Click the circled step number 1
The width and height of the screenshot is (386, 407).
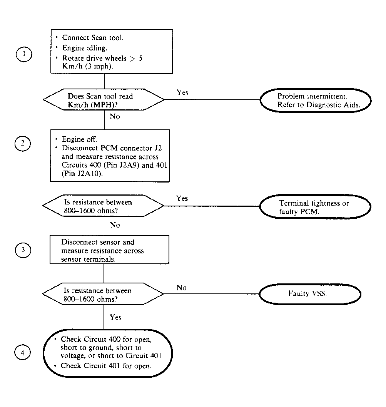[24, 54]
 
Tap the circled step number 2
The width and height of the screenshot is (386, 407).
[23, 144]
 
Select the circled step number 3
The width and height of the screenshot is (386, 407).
[23, 250]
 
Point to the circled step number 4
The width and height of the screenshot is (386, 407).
[22, 353]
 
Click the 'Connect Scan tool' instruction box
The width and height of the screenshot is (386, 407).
[112, 51]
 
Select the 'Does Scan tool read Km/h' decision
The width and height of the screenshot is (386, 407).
[104, 99]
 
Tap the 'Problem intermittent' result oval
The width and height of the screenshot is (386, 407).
[316, 100]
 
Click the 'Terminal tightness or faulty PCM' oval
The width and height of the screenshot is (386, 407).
[315, 207]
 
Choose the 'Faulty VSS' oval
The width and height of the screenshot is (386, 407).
[310, 294]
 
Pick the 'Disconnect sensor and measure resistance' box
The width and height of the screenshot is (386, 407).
[109, 250]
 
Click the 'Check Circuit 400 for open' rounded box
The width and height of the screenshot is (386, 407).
[108, 353]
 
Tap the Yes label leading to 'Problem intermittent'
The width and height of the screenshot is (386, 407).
[182, 92]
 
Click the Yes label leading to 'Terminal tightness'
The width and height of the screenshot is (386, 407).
[182, 198]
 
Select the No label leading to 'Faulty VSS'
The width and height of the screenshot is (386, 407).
[182, 288]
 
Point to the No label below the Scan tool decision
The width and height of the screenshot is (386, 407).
[115, 117]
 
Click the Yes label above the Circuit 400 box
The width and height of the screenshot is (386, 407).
[115, 317]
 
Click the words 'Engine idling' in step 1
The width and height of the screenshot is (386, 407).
[84, 48]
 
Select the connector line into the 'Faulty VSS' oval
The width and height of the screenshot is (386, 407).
[211, 294]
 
